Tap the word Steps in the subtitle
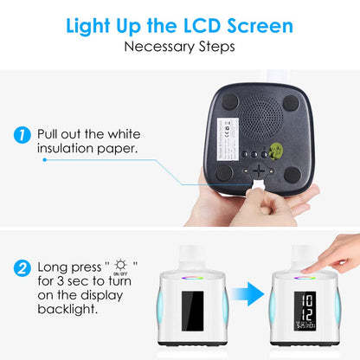(x=214, y=45)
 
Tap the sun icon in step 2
(x=120, y=263)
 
